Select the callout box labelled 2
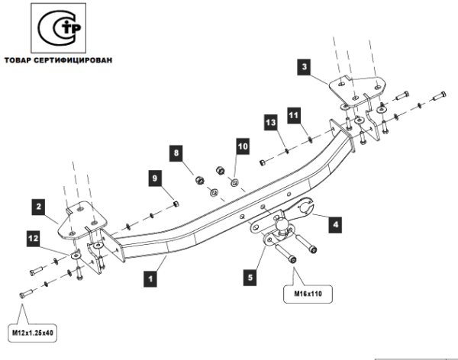pyautogui.click(x=37, y=205)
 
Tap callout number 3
pyautogui.click(x=305, y=68)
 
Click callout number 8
pyautogui.click(x=176, y=153)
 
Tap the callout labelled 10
pyautogui.click(x=242, y=144)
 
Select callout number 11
pyautogui.click(x=294, y=114)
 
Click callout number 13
pyautogui.click(x=269, y=123)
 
